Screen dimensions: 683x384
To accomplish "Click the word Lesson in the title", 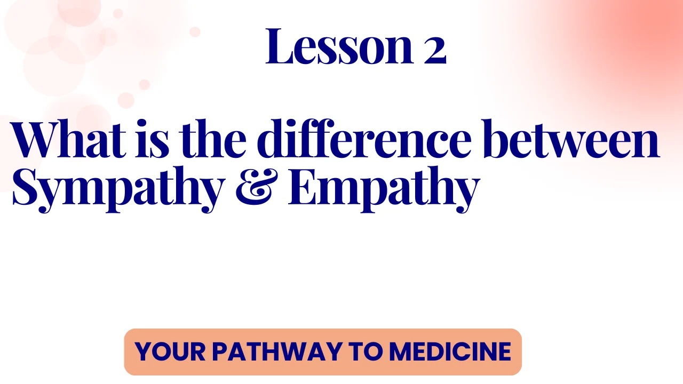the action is [x=339, y=46].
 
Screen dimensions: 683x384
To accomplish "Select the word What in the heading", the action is [x=68, y=139].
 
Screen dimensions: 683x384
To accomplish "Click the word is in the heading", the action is [x=152, y=139].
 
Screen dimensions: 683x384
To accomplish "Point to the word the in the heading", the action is [x=212, y=139].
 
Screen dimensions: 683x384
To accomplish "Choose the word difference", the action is [x=364, y=139].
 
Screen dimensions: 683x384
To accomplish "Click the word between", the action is [x=571, y=139].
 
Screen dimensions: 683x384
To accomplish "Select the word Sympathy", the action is [x=118, y=189].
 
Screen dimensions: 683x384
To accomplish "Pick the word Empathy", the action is [x=384, y=189].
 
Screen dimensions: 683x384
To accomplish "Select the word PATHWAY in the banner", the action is [x=277, y=351].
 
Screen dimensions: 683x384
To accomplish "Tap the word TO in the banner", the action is [x=366, y=351].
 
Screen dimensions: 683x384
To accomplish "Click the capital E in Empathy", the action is [x=306, y=187].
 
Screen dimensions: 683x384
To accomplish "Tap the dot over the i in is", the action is [x=141, y=124].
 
